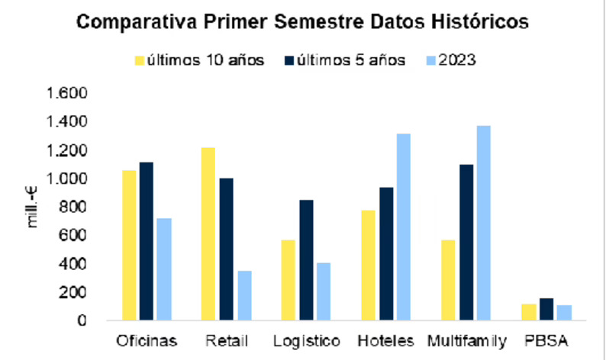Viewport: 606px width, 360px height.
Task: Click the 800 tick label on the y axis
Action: (74, 207)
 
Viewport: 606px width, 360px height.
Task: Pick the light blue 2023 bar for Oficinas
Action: (164, 269)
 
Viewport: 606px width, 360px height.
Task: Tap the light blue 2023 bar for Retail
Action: (243, 295)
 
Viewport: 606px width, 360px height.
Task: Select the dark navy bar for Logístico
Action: (305, 260)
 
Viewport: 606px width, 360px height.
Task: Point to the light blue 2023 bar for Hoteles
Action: (403, 227)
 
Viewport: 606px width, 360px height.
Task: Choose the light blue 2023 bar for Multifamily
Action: (482, 223)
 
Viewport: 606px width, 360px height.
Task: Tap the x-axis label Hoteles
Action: (385, 339)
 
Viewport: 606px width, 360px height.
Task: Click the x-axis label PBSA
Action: (544, 339)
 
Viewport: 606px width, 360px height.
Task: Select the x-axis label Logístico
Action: (306, 339)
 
